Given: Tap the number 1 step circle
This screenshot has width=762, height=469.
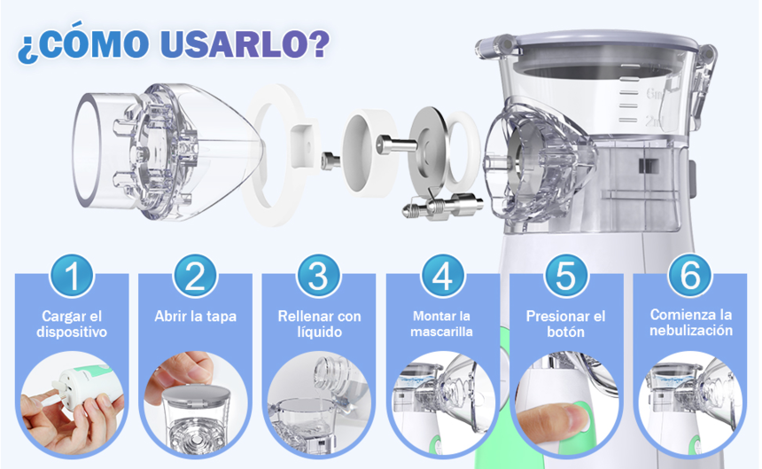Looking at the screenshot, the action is point(72,276).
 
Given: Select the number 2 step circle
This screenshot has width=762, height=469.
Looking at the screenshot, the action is point(195,276).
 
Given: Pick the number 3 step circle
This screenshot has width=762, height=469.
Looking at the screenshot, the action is point(319,276).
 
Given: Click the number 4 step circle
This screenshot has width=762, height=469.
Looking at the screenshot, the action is point(443,276).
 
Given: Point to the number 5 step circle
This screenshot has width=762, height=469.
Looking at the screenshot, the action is point(566,276).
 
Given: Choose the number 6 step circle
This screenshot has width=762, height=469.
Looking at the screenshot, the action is point(690,276).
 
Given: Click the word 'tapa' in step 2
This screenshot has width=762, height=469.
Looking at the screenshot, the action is point(222,317).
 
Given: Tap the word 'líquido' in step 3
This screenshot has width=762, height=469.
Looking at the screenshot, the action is point(319,332).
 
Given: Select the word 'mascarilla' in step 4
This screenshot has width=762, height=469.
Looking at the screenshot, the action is point(441,332).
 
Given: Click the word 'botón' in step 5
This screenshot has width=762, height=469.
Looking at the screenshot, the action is point(565,332).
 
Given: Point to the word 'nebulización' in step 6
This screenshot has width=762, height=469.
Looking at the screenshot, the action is point(690,331).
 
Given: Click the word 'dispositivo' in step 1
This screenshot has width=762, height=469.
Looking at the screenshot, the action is point(72,332).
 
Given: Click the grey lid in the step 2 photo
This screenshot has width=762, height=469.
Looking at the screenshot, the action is point(196,394).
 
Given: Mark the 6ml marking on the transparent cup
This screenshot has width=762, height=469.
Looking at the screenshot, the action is point(655,93).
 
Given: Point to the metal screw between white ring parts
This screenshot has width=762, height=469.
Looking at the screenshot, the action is point(396,145).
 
